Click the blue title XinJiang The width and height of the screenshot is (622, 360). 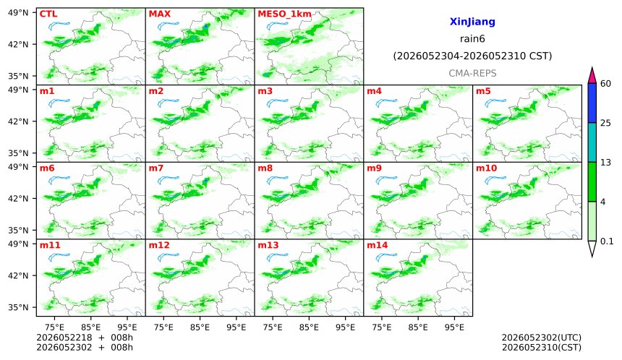[472, 22]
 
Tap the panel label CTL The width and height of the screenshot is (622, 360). [48, 14]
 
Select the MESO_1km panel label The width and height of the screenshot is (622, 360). [284, 14]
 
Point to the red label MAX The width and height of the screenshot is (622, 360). [159, 14]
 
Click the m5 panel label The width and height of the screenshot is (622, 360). [483, 91]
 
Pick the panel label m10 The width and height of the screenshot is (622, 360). [486, 168]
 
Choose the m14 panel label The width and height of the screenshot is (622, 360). [378, 245]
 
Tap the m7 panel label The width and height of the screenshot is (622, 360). [156, 168]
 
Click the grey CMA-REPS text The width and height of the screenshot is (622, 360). [472, 73]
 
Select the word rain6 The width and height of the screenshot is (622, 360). [472, 39]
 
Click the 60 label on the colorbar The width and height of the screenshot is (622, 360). [606, 84]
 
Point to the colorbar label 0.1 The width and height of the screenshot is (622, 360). [607, 241]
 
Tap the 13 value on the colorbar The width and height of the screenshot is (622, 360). [605, 163]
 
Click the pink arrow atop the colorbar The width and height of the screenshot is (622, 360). [592, 76]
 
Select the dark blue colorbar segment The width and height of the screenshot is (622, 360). [592, 103]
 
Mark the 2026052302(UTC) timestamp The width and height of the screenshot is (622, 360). [542, 338]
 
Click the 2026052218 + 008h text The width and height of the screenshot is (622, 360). [85, 338]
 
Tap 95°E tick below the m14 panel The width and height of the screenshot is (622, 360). [454, 327]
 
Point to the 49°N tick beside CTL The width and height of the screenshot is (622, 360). [18, 13]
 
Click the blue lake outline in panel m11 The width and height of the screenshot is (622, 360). [59, 257]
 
